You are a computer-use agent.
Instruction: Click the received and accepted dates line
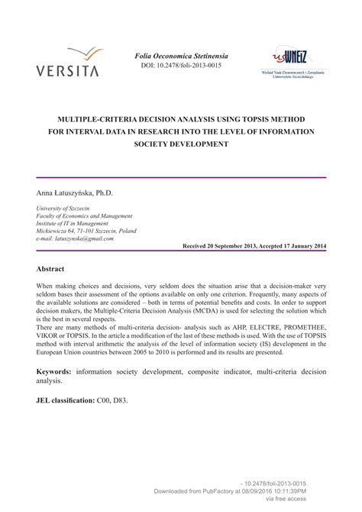[254, 248]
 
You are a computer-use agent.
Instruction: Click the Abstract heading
[50, 270]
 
